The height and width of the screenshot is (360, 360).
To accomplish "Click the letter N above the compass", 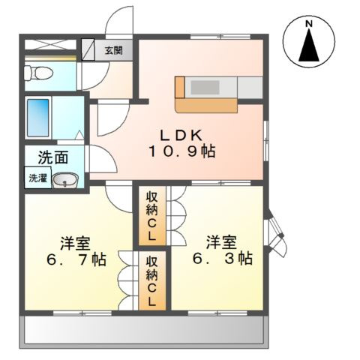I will [308, 25].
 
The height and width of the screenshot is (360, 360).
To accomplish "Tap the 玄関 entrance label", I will [113, 51].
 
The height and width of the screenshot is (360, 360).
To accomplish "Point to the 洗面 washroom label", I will [53, 158].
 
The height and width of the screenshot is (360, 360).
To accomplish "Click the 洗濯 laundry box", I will [36, 178].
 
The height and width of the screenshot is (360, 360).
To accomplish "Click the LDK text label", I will [180, 136].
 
